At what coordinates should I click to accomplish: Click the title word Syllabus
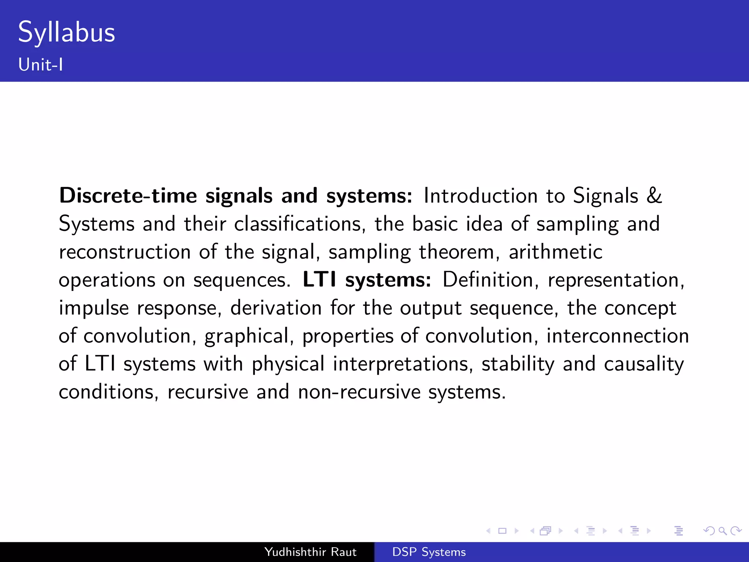pos(67,33)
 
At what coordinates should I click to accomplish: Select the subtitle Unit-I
pos(41,65)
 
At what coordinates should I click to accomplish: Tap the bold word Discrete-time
pos(128,196)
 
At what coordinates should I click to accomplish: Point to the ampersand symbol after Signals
pos(654,196)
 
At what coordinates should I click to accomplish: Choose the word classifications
pos(297,224)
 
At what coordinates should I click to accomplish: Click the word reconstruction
pos(125,252)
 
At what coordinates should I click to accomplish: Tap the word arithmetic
pos(555,252)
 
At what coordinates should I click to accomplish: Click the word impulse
pos(94,308)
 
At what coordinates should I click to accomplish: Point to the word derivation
pos(276,308)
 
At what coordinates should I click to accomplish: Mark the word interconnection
pos(617,336)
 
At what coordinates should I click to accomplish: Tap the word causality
pos(644,364)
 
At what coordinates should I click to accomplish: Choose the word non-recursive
pos(359,392)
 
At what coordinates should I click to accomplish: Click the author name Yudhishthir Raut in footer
pos(310,552)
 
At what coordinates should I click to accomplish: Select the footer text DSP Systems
pos(429,552)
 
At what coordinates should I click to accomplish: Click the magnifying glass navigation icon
pos(722,531)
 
